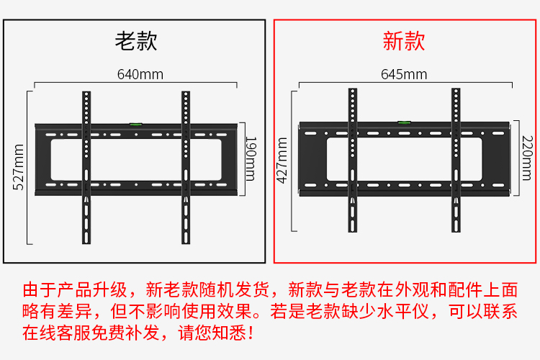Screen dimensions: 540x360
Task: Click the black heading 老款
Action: coord(136,41)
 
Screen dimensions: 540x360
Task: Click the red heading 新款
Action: coord(404,41)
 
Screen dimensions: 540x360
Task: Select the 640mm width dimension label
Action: coord(140,74)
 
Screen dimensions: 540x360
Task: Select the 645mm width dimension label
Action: coord(404,74)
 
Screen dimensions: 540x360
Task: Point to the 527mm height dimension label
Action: coord(18,167)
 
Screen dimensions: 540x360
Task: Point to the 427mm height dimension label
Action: coord(282,160)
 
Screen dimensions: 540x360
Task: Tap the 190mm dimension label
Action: coord(251,159)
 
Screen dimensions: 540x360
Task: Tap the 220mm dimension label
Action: coord(527,158)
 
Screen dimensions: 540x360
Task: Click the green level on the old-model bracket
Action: coord(135,124)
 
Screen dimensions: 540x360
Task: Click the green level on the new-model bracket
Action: coord(404,122)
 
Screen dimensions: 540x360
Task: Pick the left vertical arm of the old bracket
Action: coord(86,168)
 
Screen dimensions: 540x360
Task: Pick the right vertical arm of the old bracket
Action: coord(186,168)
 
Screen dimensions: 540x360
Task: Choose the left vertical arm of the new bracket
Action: coord(353,160)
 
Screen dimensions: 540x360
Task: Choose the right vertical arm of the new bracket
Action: coord(456,160)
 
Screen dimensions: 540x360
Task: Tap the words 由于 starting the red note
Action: coord(40,289)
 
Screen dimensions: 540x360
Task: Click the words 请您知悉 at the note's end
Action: coord(212,333)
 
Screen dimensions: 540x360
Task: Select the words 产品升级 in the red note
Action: coord(92,289)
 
